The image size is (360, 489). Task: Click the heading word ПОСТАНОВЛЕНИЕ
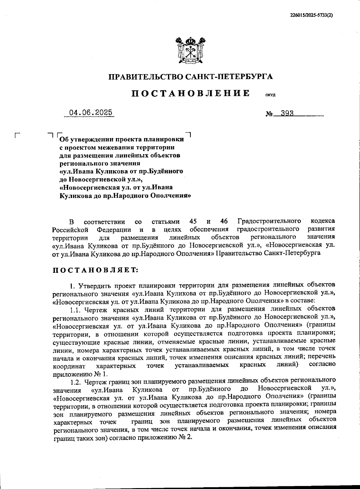coord(190,93)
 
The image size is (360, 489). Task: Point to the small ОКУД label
coord(270,95)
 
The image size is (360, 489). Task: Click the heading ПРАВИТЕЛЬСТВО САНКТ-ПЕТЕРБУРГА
coord(191,77)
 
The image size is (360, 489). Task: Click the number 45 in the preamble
coord(193,222)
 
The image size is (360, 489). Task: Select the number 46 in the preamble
coord(224,222)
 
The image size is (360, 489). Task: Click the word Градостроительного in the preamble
coord(269,222)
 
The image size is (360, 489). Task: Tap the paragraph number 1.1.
coord(76,309)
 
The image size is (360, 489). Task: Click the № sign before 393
coord(269,114)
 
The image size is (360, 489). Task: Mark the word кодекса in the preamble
coord(323,222)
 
